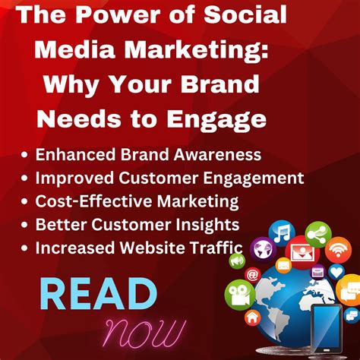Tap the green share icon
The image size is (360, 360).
point(316,235)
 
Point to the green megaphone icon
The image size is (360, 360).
point(237,261)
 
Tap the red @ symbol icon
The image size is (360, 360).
point(253,274)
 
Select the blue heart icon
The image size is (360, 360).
point(337,272)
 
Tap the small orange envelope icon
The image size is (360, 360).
point(283,265)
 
